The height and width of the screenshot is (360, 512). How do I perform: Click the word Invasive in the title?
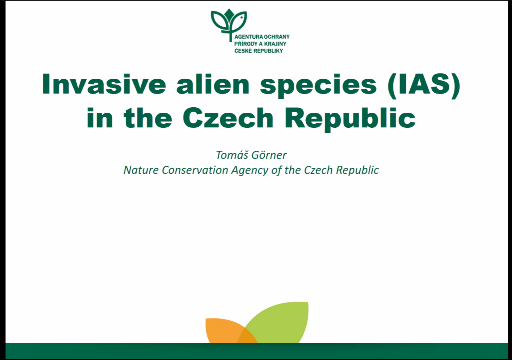point(104,84)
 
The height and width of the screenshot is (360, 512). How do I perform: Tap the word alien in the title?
point(213,84)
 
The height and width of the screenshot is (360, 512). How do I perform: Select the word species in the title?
point(318,86)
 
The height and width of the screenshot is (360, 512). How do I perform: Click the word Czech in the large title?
point(228,118)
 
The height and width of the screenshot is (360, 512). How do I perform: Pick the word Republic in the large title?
point(350,119)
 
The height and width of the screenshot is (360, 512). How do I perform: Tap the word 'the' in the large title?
point(148,118)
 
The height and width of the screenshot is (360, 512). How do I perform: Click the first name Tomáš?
point(232,155)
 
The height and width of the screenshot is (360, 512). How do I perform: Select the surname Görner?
point(269,155)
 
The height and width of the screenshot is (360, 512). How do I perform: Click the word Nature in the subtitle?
point(141,170)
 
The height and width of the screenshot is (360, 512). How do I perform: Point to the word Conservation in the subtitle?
point(195,170)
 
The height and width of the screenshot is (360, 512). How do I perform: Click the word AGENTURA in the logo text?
point(249,37)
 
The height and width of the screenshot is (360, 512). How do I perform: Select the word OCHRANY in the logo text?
point(277,37)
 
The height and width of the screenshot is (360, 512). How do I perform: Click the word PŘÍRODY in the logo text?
point(246,44)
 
